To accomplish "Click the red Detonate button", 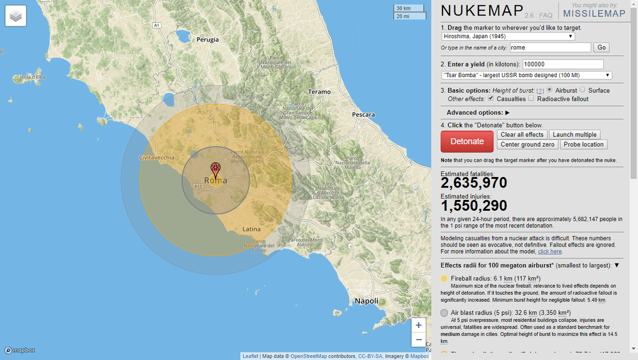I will tap(466, 141).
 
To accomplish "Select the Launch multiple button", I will tap(575, 134).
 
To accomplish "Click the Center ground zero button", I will tap(528, 145).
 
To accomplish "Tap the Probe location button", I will tap(584, 145).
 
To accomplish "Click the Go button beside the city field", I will tap(601, 47).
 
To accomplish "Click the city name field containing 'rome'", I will tap(549, 47).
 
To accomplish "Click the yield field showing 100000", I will tap(563, 64).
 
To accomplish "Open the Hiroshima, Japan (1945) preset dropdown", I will tap(508, 36).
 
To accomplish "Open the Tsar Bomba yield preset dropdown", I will tap(527, 75).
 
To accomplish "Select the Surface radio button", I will tap(583, 90).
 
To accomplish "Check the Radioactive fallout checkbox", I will tap(531, 98).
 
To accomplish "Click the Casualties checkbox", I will tap(491, 98).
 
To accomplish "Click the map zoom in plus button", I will tap(418, 325).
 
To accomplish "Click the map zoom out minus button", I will tap(418, 339).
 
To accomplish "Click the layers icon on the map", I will tap(16, 16).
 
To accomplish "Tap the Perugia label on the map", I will tap(208, 39).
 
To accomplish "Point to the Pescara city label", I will tap(363, 114).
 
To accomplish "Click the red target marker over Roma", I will tap(216, 169).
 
